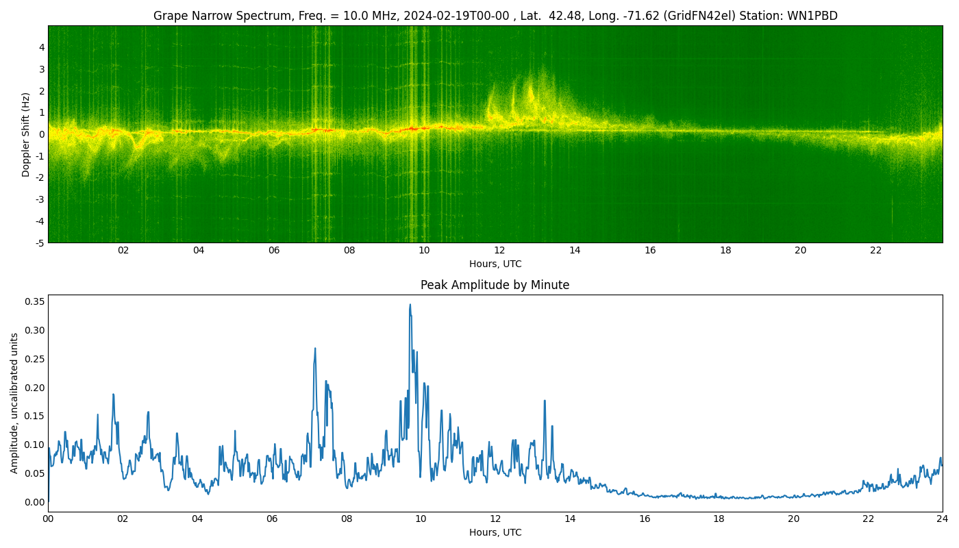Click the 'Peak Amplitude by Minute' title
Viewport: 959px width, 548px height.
click(x=495, y=285)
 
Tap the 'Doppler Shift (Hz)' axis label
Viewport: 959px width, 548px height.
click(x=26, y=134)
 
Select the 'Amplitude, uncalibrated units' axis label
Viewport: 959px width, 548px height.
click(x=14, y=403)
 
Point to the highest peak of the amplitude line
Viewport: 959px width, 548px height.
click(x=410, y=305)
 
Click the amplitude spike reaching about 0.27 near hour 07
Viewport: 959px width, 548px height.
click(x=315, y=348)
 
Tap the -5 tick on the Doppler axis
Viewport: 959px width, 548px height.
click(x=40, y=242)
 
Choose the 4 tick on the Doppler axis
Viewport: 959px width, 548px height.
click(x=42, y=47)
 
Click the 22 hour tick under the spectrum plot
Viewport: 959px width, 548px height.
click(x=876, y=251)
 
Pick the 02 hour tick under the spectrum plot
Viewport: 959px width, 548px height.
click(x=123, y=251)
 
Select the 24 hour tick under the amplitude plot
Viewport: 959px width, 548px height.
click(x=943, y=519)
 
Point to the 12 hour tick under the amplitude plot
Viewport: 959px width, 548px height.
click(x=495, y=519)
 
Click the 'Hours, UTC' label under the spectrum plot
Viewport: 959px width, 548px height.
click(x=495, y=264)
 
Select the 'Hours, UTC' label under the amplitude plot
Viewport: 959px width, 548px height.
click(x=495, y=533)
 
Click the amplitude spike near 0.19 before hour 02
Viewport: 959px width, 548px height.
click(x=113, y=395)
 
